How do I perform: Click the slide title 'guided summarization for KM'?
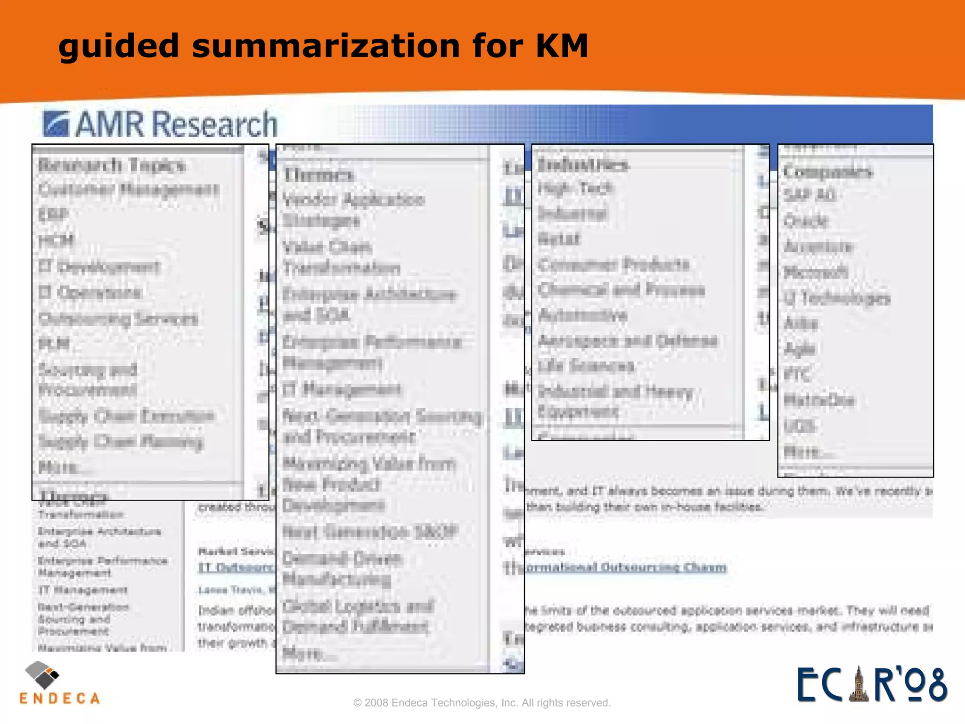323,46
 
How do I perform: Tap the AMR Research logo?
160,124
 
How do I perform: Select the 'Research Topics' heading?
112,165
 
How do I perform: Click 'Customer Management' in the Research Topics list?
129,189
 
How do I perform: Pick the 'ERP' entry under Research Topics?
53,215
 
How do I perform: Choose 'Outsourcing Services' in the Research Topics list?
118,319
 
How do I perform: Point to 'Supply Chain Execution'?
126,416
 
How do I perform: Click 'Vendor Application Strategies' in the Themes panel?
353,210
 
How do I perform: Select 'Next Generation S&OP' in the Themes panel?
370,532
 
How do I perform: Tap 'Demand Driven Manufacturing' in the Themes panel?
342,569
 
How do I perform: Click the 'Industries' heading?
583,165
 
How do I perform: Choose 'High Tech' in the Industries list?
575,189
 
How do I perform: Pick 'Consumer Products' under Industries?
613,264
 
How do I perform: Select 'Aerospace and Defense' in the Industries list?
628,340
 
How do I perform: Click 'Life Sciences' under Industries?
586,366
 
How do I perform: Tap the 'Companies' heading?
827,172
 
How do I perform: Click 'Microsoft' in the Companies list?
816,272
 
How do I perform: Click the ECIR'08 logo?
872,684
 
